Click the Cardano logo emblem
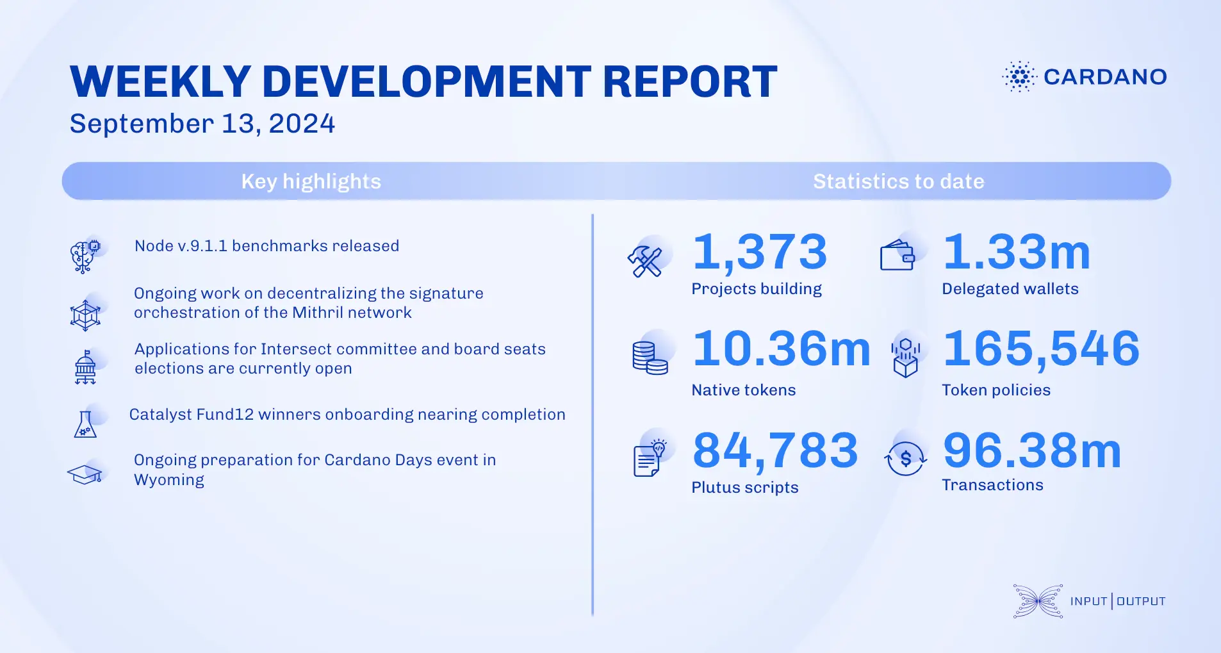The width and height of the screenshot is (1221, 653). click(x=1019, y=77)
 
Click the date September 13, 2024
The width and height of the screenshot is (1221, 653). click(x=202, y=124)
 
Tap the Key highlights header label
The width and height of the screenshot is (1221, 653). click(x=311, y=181)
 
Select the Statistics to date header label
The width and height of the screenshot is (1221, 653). click(x=898, y=181)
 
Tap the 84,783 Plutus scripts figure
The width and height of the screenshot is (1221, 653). click(x=775, y=450)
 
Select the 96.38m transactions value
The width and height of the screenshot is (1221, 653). click(x=1032, y=450)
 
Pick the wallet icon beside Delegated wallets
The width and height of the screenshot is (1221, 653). click(x=897, y=256)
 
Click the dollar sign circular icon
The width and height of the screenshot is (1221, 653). click(x=905, y=458)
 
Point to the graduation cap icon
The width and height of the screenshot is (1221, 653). click(x=85, y=475)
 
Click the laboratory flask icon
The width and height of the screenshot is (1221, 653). click(x=85, y=424)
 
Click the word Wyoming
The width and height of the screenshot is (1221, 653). click(x=169, y=480)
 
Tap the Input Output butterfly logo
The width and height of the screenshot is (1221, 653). click(x=1038, y=601)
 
